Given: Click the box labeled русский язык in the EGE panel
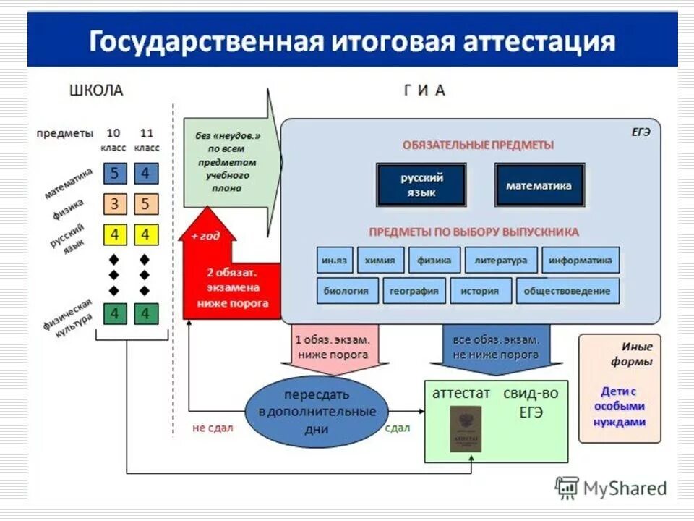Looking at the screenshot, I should [421, 185].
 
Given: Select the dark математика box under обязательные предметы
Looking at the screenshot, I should [539, 185].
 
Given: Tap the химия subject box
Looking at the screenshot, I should [380, 260].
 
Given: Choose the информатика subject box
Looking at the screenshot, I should [580, 260].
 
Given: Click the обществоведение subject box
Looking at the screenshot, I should [567, 291].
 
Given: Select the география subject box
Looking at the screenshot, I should [414, 291].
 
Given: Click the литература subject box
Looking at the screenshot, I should [501, 260].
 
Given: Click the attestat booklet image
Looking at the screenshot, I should [466, 429].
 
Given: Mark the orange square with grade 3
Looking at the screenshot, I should [114, 204].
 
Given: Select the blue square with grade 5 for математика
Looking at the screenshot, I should [114, 174].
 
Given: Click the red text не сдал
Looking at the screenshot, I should [213, 428].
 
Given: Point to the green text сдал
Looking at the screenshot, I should [398, 428].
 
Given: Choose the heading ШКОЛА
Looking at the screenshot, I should [96, 90].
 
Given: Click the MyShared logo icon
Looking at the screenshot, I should [567, 488].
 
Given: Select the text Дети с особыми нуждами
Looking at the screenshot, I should [620, 406].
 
